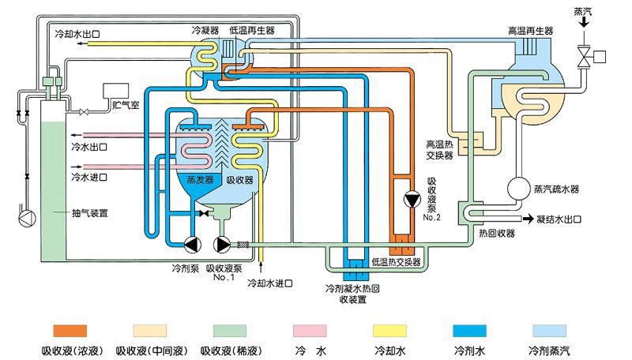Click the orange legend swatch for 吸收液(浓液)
coord(70,329)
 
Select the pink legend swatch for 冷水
coord(310,329)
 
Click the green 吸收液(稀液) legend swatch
coord(229,329)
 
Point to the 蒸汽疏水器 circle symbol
coord(518,188)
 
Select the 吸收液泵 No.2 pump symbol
coord(412,199)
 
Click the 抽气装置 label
coord(89,212)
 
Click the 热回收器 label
coord(495,234)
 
